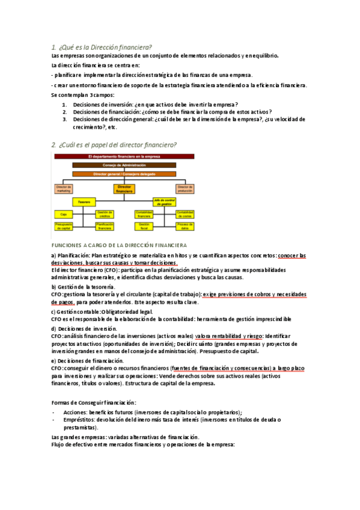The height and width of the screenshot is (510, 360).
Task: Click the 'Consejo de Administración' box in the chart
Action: coord(124,165)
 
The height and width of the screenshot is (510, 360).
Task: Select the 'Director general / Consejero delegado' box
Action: coord(124,174)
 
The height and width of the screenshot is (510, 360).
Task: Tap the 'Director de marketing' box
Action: coord(64,188)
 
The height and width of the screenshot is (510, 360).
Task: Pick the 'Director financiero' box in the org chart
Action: coord(124,188)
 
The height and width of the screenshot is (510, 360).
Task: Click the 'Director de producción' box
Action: coord(185,188)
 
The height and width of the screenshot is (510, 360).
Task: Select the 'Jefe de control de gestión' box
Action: coord(163,202)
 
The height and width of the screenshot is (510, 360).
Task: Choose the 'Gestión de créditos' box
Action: coord(105,214)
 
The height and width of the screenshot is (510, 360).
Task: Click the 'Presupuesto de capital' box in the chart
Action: coord(64,226)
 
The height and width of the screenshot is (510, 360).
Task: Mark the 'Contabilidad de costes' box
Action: coord(184,214)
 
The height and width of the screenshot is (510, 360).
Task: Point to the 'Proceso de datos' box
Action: coord(184,226)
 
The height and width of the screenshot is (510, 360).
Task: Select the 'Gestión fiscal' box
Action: coord(144,226)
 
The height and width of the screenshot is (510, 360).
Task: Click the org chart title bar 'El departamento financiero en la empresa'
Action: coord(124,156)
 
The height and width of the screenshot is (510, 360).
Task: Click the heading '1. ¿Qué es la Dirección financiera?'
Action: coord(101,47)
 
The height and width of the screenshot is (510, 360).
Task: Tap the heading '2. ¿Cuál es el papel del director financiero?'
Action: coord(114,144)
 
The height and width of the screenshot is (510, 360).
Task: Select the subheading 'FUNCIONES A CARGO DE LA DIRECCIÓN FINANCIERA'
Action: coord(119,245)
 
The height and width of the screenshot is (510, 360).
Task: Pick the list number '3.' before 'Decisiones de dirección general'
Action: coord(65,119)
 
